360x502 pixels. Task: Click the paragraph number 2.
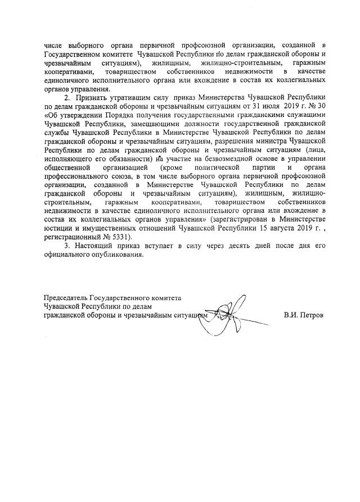66,97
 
